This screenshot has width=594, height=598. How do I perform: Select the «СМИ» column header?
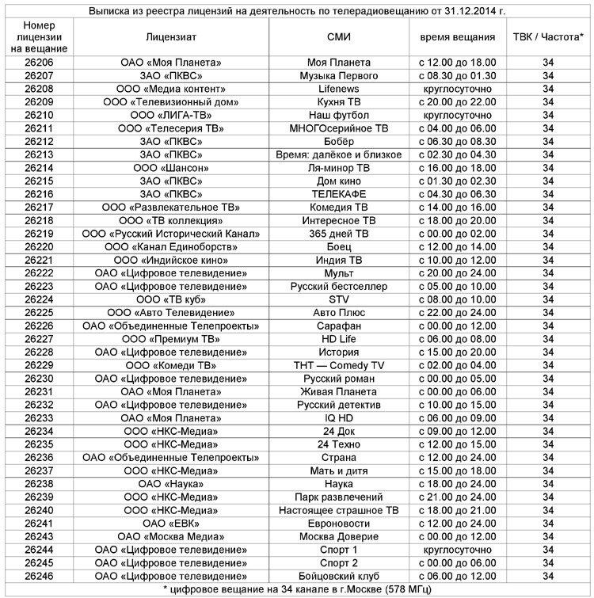click(x=339, y=36)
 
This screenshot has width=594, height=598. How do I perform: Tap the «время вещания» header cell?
click(x=458, y=36)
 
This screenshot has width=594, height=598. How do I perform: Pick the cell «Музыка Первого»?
click(x=339, y=75)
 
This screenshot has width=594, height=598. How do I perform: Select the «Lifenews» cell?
click(x=339, y=89)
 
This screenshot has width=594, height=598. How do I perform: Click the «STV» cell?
click(x=339, y=299)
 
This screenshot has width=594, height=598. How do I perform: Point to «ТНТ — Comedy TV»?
click(x=339, y=365)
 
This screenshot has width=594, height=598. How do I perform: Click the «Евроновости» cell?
click(x=339, y=523)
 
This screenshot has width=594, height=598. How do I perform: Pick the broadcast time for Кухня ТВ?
click(x=458, y=102)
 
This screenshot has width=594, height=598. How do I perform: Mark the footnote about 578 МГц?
click(x=297, y=589)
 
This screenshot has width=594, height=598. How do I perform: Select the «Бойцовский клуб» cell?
click(x=339, y=576)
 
